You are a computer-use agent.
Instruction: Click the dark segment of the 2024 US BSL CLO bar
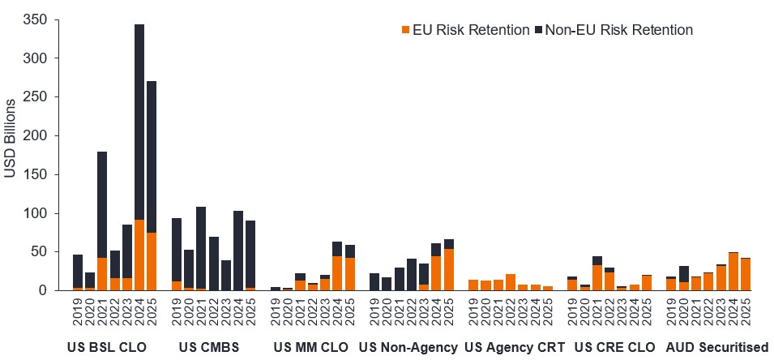139,122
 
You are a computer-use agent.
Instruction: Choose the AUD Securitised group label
716,348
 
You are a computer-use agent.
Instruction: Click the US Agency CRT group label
515,348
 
